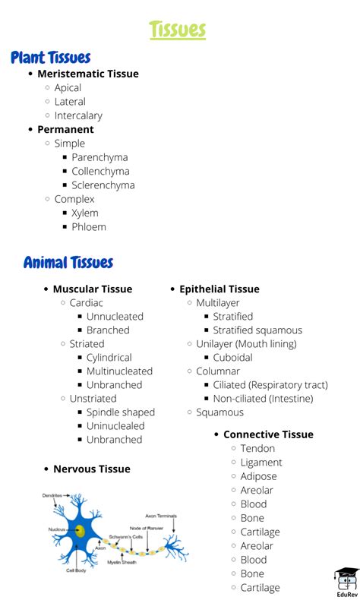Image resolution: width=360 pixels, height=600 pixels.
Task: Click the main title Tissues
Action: [178, 30]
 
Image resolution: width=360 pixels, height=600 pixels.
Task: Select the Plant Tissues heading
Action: [51, 58]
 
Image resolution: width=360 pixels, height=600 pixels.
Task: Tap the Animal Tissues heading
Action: [68, 263]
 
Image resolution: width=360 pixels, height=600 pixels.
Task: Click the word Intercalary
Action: [78, 115]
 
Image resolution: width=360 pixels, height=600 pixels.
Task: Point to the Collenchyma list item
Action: [100, 171]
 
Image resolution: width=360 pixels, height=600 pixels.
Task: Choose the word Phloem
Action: [89, 226]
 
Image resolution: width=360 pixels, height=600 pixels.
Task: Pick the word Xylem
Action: [85, 213]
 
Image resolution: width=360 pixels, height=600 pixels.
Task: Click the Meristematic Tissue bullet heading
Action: [88, 74]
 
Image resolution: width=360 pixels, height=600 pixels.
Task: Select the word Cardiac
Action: [87, 302]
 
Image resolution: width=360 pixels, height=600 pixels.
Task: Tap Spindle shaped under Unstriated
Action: [120, 412]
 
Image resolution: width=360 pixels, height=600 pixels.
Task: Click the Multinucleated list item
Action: [119, 371]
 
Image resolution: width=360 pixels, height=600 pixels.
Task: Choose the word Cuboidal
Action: [232, 357]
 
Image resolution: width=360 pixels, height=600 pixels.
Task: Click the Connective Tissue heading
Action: [268, 434]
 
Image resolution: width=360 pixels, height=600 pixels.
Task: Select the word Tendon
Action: [257, 448]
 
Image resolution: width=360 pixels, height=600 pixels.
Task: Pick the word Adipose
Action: [258, 476]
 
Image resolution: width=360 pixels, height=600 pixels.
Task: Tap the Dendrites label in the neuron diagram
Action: [52, 495]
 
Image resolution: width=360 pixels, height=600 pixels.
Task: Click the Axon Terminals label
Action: [161, 516]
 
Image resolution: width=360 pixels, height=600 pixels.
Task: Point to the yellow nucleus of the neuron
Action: [79, 531]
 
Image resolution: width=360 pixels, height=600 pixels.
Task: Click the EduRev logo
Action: [346, 581]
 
